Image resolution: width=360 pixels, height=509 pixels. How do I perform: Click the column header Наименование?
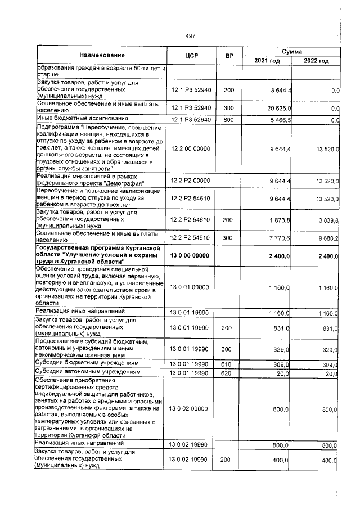tap(101, 56)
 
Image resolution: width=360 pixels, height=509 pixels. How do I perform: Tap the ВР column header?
tap(228, 56)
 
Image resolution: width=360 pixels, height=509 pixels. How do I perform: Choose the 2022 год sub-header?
tap(316, 61)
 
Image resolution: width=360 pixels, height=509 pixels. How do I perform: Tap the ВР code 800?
tap(228, 120)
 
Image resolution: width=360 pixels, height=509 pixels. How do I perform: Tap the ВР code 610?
tap(228, 364)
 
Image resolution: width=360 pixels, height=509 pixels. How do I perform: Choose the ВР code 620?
tap(228, 372)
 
